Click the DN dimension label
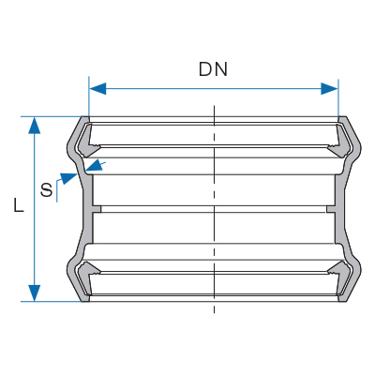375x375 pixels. click(213, 69)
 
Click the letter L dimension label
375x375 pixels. click(19, 205)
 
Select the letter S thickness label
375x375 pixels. click(47, 190)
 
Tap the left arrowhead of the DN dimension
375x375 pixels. click(97, 89)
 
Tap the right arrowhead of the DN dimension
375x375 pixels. click(329, 89)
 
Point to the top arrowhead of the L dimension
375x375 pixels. click(35, 126)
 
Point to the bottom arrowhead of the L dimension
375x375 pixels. click(35, 293)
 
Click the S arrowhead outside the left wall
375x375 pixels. click(68, 178)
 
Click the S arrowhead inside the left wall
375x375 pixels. click(95, 165)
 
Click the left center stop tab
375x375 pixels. click(97, 209)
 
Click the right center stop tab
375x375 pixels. click(331, 209)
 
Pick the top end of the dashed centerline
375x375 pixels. click(214, 106)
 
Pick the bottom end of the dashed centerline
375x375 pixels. click(214, 313)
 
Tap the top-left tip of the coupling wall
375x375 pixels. click(82, 117)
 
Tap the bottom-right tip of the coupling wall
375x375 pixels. click(346, 301)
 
